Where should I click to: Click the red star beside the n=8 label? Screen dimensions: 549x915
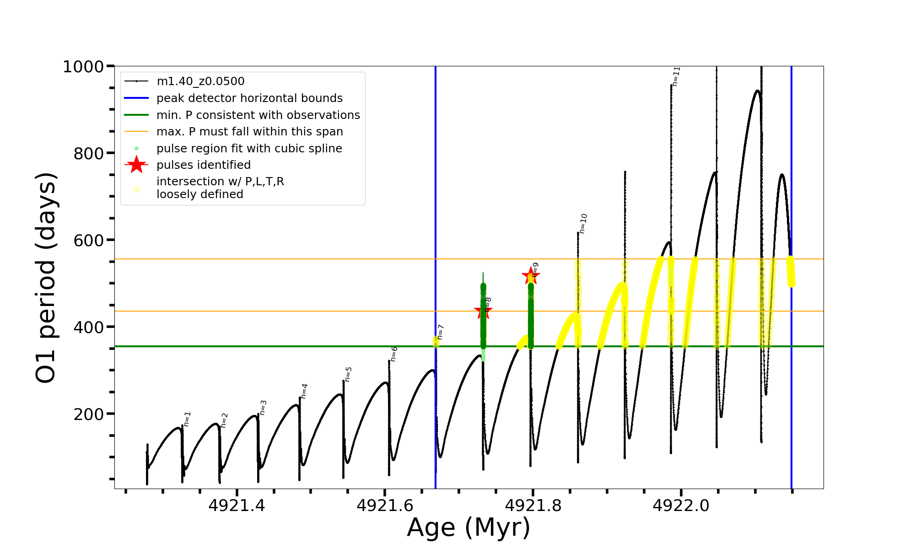[x=483, y=312]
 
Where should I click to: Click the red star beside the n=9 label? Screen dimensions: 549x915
[x=531, y=275]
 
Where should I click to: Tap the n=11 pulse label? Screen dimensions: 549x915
[x=676, y=76]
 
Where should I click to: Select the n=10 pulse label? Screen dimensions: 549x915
[x=583, y=223]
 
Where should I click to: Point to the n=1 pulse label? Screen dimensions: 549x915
[x=187, y=419]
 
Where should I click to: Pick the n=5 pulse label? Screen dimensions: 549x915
[x=348, y=374]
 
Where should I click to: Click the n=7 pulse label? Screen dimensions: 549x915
[x=440, y=332]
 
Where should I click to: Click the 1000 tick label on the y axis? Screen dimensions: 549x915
[x=83, y=67]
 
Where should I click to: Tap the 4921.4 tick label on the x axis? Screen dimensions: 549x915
[x=237, y=506]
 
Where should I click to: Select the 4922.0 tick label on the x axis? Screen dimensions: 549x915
[x=681, y=506]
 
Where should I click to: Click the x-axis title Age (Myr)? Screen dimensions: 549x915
[x=468, y=527]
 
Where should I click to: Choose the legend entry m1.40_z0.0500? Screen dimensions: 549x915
[x=200, y=81]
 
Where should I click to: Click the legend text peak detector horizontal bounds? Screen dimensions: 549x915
[x=249, y=98]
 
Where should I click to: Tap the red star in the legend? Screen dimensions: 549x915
[x=136, y=165]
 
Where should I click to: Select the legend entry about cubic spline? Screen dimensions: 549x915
[x=249, y=149]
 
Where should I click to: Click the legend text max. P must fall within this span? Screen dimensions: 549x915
[x=250, y=132]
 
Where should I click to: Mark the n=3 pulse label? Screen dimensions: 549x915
[x=263, y=407]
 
